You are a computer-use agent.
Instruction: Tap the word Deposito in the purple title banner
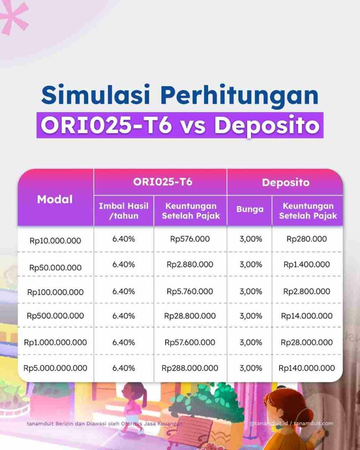(x=266, y=125)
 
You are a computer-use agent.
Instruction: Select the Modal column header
(x=55, y=199)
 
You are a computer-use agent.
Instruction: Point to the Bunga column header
(x=250, y=210)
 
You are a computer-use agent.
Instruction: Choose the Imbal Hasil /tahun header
(x=124, y=210)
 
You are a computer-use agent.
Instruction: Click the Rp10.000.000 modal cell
(x=55, y=240)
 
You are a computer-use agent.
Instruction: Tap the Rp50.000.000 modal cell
(x=55, y=267)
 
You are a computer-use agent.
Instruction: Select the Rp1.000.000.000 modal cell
(x=55, y=342)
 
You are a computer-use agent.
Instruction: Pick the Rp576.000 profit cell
(x=190, y=239)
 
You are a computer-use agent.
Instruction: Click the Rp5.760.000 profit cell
(x=190, y=291)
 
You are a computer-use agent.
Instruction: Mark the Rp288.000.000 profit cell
(x=190, y=368)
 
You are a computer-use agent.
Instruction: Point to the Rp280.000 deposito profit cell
(x=307, y=239)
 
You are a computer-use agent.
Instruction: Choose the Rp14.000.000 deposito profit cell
(x=307, y=316)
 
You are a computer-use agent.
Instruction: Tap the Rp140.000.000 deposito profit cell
(x=307, y=368)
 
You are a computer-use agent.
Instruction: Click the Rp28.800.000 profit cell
(x=190, y=316)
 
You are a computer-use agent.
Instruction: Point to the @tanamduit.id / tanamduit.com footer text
(x=291, y=424)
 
